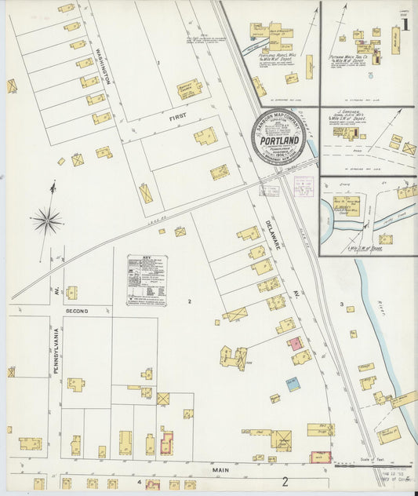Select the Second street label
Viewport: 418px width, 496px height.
pyautogui.click(x=76, y=311)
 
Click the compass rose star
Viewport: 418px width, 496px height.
pyautogui.click(x=48, y=221)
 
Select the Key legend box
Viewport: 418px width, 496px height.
pyautogui.click(x=147, y=279)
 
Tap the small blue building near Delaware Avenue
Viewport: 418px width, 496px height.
pyautogui.click(x=293, y=384)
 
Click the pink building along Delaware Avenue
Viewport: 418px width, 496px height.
pyautogui.click(x=295, y=344)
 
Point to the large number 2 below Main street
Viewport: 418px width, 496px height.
pyautogui.click(x=286, y=482)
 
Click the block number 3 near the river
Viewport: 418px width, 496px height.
pyautogui.click(x=341, y=304)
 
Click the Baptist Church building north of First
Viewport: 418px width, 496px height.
pyautogui.click(x=189, y=87)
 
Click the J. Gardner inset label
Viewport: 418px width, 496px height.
pyautogui.click(x=346, y=114)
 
